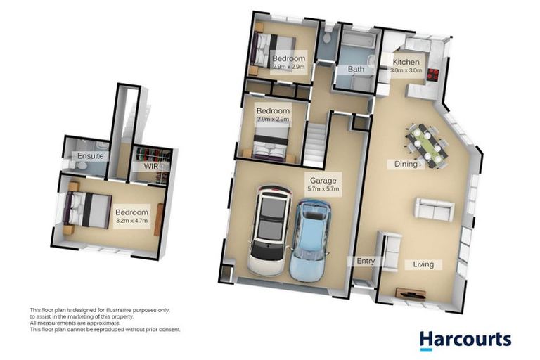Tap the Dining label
(406, 165)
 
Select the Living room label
(423, 264)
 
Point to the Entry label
(366, 261)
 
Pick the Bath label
(356, 70)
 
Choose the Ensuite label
(91, 155)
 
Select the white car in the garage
(269, 227)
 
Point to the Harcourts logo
(465, 340)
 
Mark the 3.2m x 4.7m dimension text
(132, 221)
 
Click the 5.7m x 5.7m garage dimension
(324, 188)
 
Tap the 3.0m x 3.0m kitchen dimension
(406, 70)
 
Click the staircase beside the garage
(315, 145)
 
